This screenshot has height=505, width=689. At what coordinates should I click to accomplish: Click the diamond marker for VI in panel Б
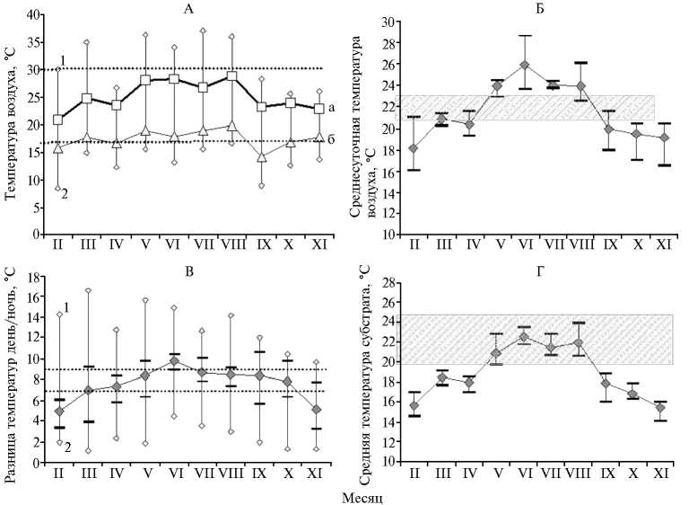click(x=500, y=66)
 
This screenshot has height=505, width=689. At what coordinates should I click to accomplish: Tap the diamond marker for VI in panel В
click(x=174, y=361)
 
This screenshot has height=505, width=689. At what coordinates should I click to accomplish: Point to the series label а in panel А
click(x=330, y=108)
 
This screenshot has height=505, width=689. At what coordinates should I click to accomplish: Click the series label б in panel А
click(x=330, y=137)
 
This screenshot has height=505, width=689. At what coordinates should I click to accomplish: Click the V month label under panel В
click(x=145, y=473)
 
